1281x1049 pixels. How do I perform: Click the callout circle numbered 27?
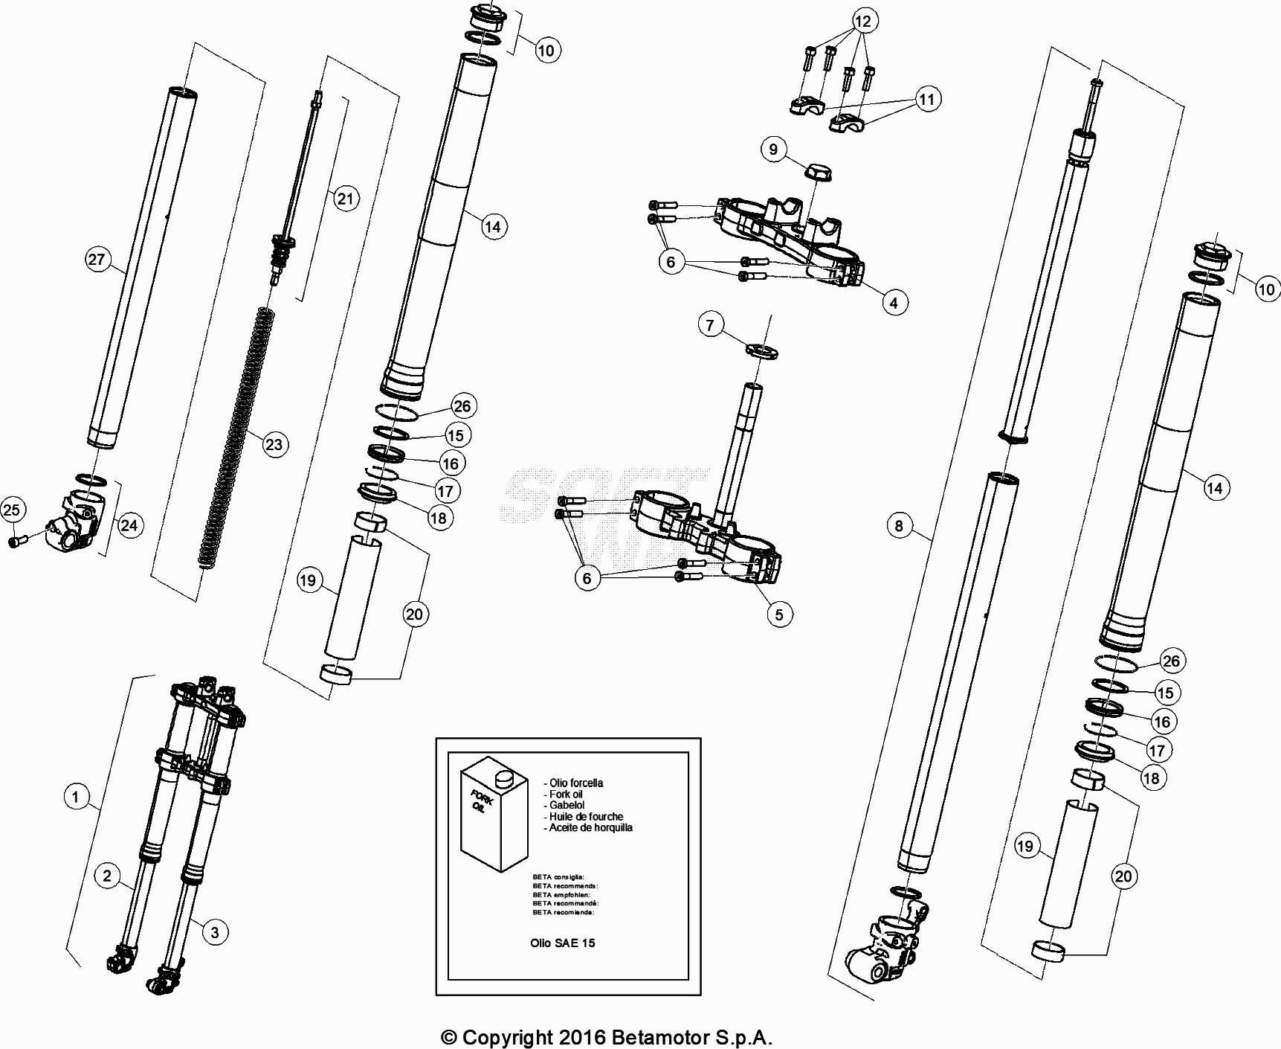[96, 260]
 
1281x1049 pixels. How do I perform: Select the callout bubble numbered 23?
[274, 444]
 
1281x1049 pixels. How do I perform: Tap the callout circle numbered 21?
[345, 199]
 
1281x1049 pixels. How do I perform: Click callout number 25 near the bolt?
[11, 510]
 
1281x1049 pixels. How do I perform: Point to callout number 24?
[129, 525]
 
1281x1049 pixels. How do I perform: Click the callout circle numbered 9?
[773, 150]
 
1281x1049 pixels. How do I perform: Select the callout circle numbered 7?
[710, 325]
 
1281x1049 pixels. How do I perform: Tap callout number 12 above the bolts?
[862, 21]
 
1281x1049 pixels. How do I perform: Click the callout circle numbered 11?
[926, 98]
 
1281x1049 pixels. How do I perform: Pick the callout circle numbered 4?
[894, 303]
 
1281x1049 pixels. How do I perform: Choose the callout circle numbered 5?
[778, 615]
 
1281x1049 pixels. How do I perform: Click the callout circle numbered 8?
[899, 526]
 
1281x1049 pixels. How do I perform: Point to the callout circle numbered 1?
[74, 798]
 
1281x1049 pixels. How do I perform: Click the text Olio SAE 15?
[562, 943]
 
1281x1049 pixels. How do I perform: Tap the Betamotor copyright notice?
[607, 1037]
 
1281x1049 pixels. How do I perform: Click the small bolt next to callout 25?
[17, 542]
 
